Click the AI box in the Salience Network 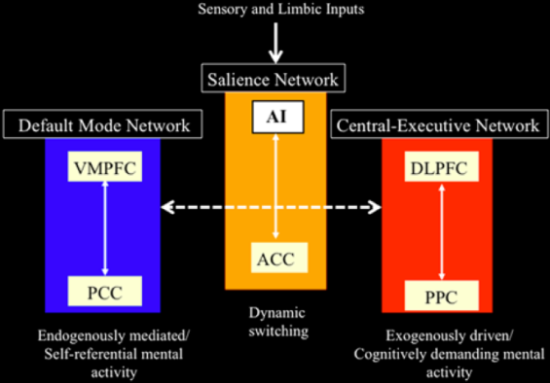tap(275, 118)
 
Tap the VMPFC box tap(103, 167)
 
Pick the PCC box tap(103, 290)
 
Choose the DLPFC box tap(439, 167)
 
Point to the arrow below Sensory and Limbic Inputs tap(275, 43)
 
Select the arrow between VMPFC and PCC tap(103, 228)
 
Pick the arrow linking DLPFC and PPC tap(439, 228)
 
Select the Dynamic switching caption tap(275, 321)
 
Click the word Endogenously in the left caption tap(81, 335)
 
